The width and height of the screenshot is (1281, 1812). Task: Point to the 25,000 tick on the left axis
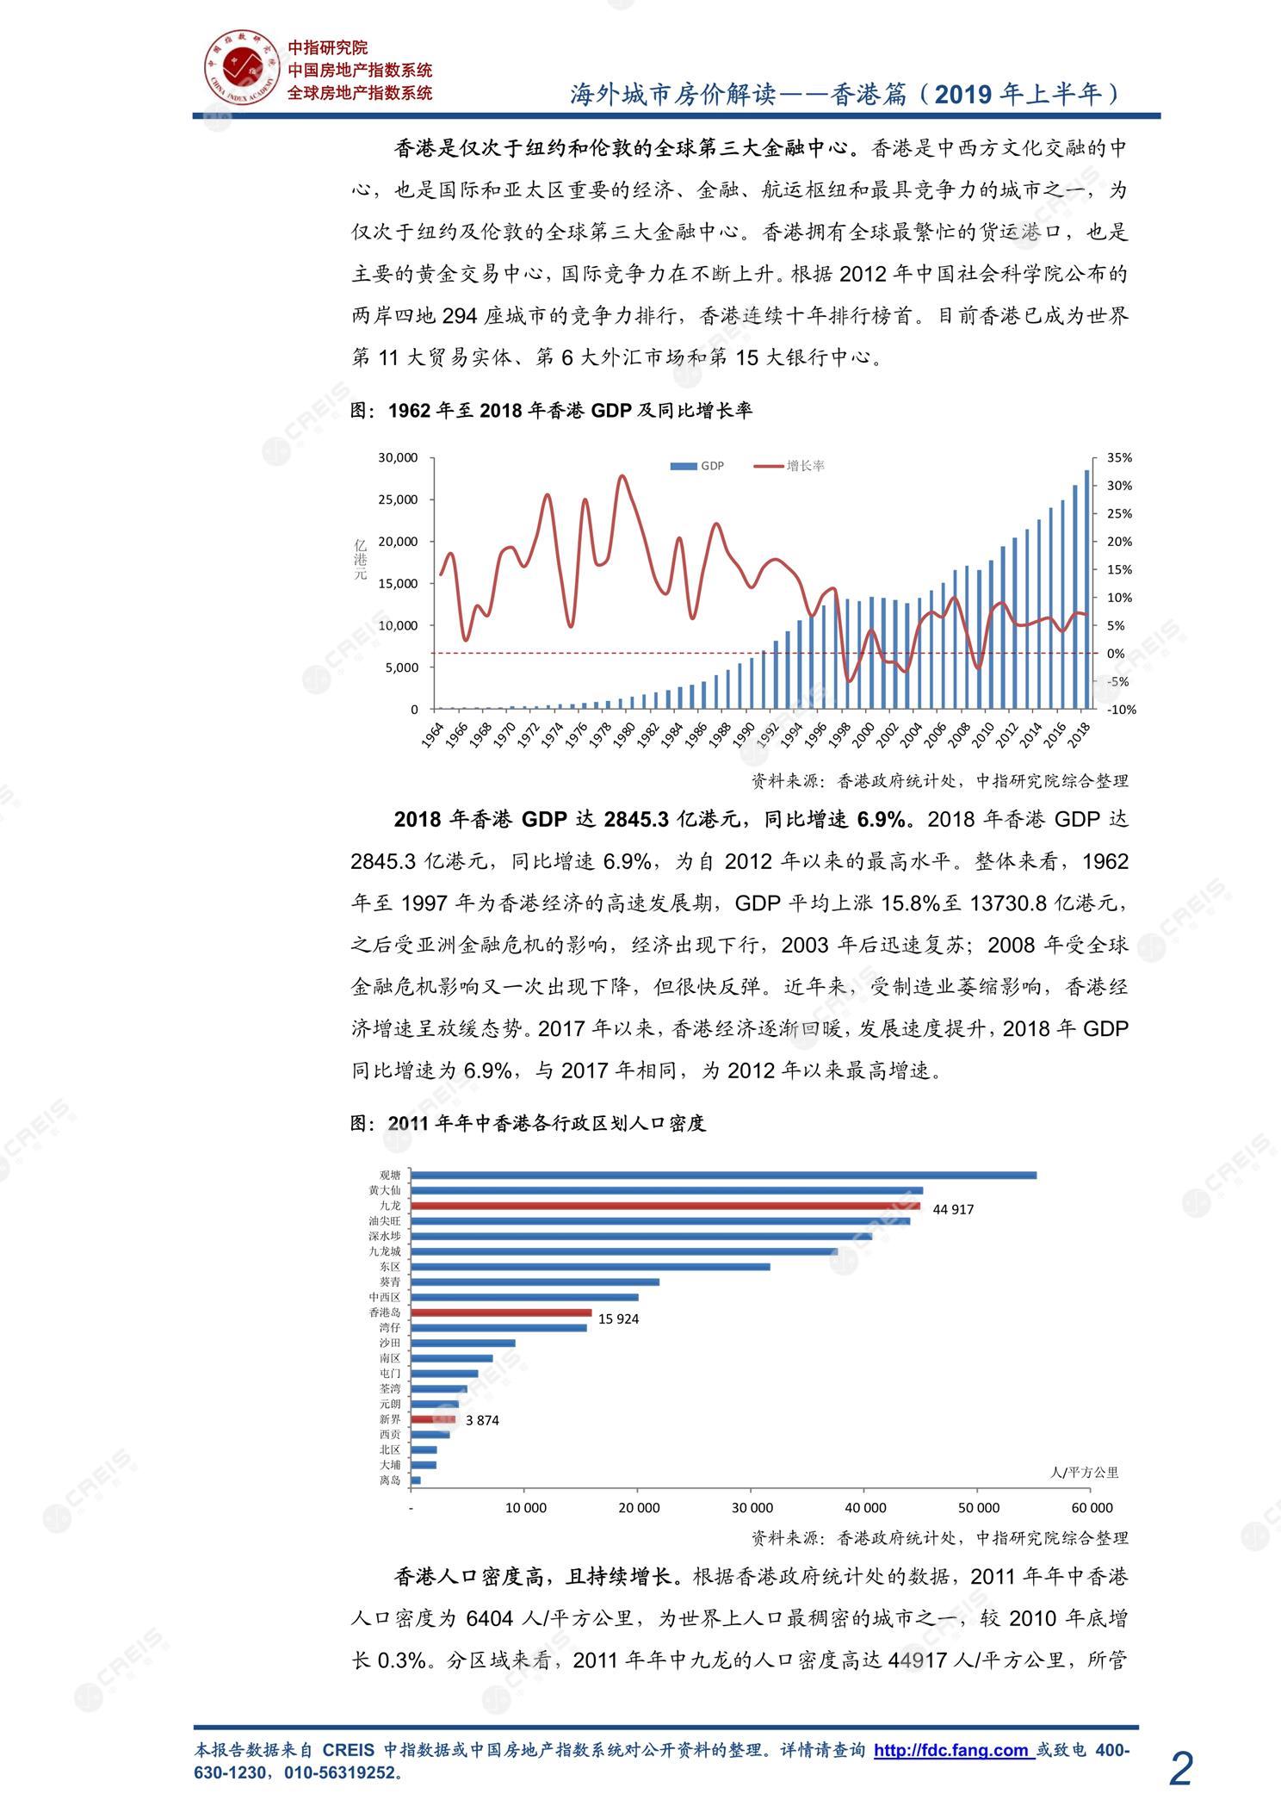click(x=398, y=500)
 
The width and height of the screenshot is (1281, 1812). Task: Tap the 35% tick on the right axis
click(x=1119, y=457)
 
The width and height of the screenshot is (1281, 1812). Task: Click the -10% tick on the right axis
click(x=1122, y=710)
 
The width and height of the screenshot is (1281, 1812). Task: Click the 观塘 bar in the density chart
click(x=723, y=1175)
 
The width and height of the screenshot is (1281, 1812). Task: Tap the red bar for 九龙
click(x=665, y=1206)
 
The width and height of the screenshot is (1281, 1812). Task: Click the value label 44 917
click(x=953, y=1209)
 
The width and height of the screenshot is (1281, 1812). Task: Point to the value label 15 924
click(x=618, y=1319)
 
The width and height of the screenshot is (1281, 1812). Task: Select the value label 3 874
click(x=482, y=1420)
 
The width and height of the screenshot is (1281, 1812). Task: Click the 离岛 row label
click(x=390, y=1480)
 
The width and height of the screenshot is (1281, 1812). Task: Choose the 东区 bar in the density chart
click(x=590, y=1266)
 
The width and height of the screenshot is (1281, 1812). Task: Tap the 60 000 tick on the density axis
click(x=1092, y=1507)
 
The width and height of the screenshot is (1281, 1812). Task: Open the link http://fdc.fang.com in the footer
click(x=951, y=1749)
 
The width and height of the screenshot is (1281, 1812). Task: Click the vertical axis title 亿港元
click(x=360, y=559)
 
